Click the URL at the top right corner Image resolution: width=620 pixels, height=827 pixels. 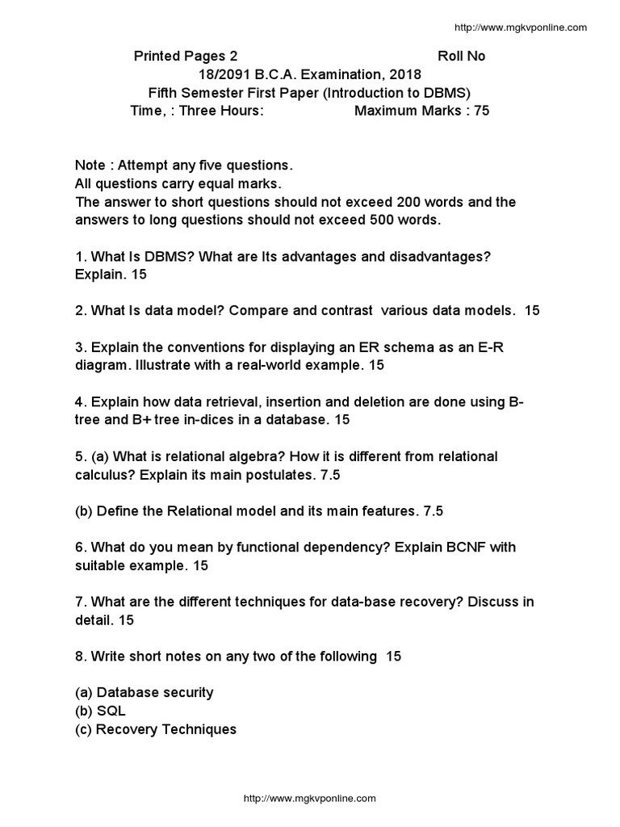(522, 27)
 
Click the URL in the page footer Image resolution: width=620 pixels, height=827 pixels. (311, 799)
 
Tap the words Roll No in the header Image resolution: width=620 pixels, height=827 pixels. (462, 57)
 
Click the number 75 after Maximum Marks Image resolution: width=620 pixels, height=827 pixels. (482, 111)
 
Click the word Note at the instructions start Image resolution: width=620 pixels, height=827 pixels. (90, 166)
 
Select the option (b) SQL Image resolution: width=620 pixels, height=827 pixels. (100, 712)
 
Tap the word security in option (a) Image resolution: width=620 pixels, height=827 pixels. (188, 693)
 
